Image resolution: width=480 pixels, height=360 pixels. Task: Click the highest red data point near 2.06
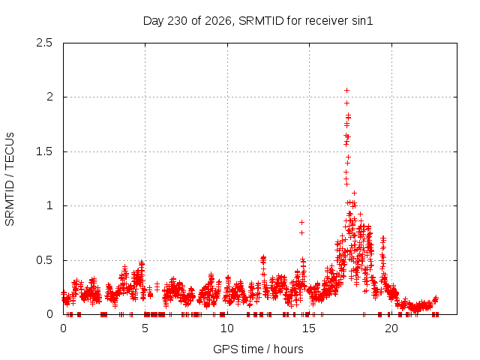pyautogui.click(x=346, y=90)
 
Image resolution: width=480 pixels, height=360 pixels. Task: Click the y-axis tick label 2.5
pyautogui.click(x=44, y=43)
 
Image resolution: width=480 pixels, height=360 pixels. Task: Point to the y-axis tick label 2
pyautogui.click(x=49, y=97)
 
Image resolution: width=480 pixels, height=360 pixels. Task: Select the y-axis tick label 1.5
pyautogui.click(x=44, y=151)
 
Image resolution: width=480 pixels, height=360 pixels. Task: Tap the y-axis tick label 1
pyautogui.click(x=50, y=205)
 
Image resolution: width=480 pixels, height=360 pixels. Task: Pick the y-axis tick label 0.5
pyautogui.click(x=44, y=260)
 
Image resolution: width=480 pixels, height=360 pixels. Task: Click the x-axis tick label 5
pyautogui.click(x=145, y=328)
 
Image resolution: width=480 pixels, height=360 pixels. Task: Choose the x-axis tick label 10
pyautogui.click(x=227, y=328)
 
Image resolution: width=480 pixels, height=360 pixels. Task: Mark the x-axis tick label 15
pyautogui.click(x=309, y=328)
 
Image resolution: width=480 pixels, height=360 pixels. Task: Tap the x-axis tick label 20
pyautogui.click(x=391, y=328)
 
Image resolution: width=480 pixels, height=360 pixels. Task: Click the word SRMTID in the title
pyautogui.click(x=261, y=21)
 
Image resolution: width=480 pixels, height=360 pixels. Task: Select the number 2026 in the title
pyautogui.click(x=217, y=21)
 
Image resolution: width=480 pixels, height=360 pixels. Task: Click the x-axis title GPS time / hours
pyautogui.click(x=258, y=349)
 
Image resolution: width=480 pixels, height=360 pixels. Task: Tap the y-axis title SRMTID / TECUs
pyautogui.click(x=10, y=179)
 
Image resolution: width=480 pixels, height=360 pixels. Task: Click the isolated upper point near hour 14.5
pyautogui.click(x=301, y=222)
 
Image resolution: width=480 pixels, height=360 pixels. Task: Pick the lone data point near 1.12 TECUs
pyautogui.click(x=354, y=193)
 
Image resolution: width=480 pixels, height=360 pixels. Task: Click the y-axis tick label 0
pyautogui.click(x=49, y=314)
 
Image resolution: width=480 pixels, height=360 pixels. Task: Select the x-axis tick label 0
pyautogui.click(x=63, y=328)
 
